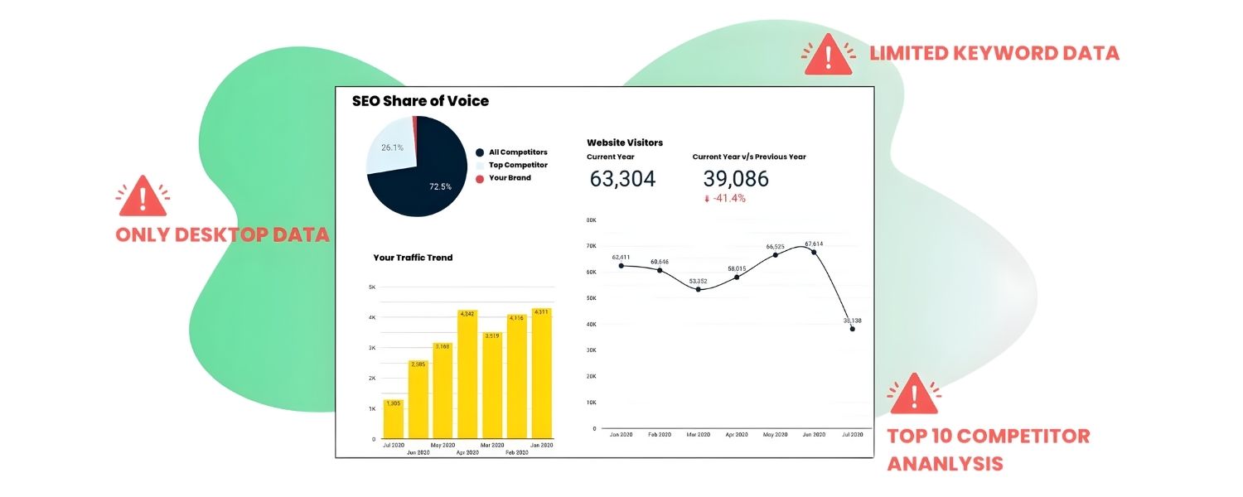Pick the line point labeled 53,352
[x=698, y=289]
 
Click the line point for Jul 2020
[x=852, y=329]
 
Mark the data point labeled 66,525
[x=775, y=255]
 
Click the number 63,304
[x=622, y=179]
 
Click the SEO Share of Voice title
[x=420, y=101]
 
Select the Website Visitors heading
[x=625, y=142]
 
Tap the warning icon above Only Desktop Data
[x=143, y=195]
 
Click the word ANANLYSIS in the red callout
[x=945, y=463]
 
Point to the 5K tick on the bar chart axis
[x=372, y=287]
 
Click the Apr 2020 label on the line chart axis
[x=736, y=434]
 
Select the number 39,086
[x=735, y=179]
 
